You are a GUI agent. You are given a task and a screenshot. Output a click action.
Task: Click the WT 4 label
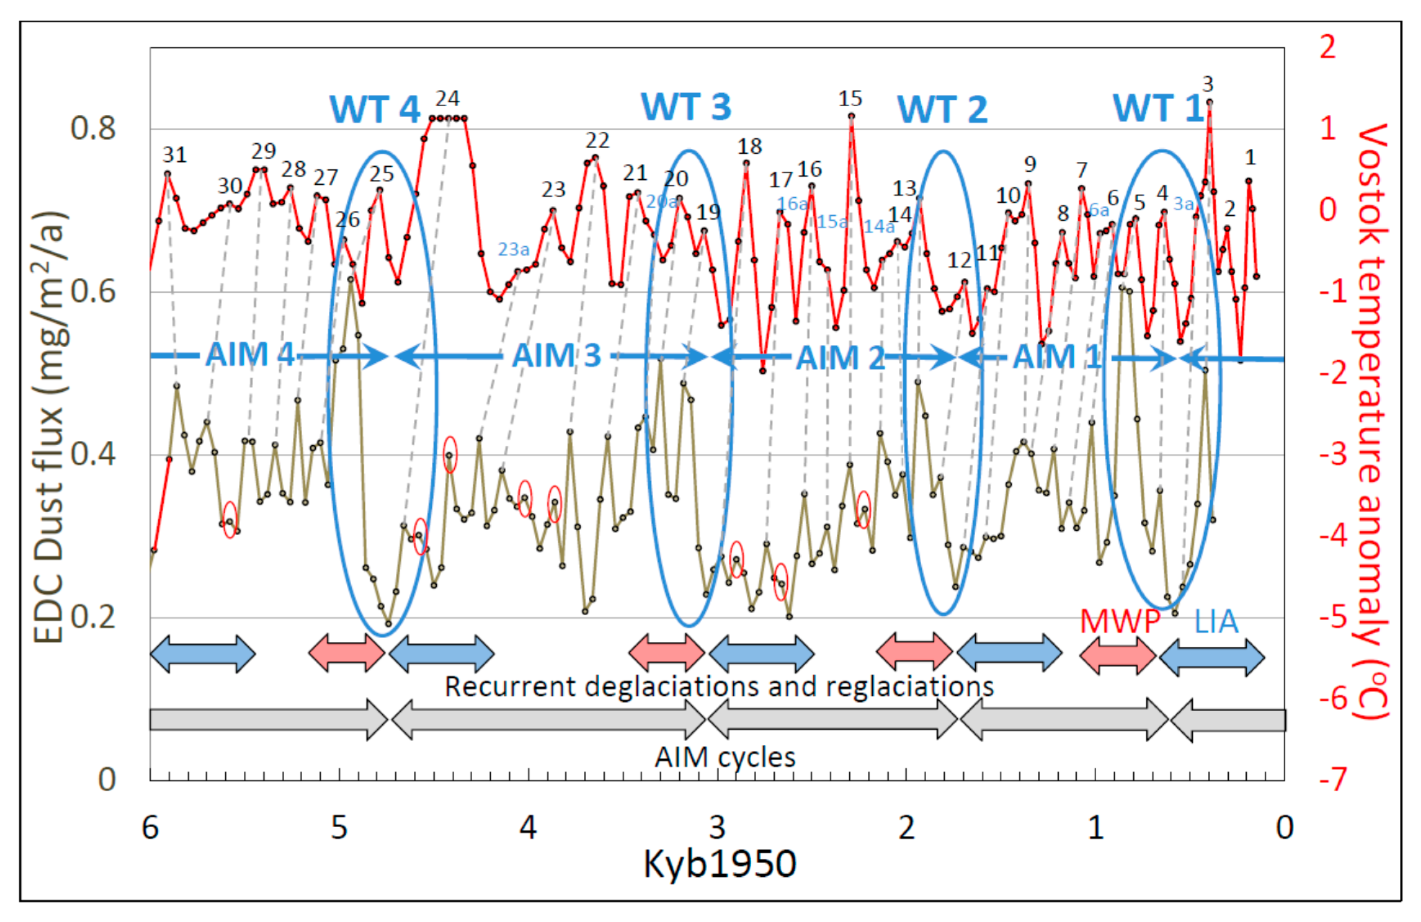[x=375, y=109]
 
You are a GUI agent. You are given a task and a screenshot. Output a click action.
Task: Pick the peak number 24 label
[x=447, y=98]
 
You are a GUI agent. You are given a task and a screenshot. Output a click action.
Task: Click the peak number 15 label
[x=850, y=98]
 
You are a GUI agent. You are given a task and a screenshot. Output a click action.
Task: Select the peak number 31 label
[x=174, y=155]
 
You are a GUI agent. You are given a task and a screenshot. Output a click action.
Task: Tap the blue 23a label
[x=514, y=249]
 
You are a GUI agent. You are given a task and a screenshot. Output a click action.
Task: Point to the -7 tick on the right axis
[x=1333, y=779]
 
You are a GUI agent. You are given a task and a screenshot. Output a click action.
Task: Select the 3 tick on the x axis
[x=717, y=827]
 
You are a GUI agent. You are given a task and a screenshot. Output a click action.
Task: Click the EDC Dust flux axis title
[x=49, y=427]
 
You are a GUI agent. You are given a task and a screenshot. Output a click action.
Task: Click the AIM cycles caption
[x=725, y=757]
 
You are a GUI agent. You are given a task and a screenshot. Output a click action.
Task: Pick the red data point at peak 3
[x=1210, y=102]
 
